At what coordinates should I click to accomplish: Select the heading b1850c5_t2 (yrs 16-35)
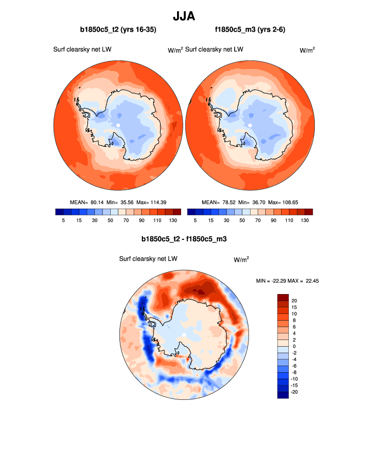pos(118,30)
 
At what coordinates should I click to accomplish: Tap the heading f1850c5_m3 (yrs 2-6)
pos(250,30)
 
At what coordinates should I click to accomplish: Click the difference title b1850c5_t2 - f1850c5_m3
pos(184,238)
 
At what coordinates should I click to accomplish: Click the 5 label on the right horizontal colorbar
pos(195,220)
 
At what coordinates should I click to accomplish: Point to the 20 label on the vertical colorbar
pos(294,300)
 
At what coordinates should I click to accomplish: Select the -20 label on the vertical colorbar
pos(295,392)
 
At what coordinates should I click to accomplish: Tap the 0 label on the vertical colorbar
pos(292,346)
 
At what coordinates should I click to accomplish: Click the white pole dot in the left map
pos(118,125)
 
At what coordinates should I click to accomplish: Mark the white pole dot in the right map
pos(250,125)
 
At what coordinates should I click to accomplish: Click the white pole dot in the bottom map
pos(184,335)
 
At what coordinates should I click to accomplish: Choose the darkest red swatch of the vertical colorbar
pos(283,297)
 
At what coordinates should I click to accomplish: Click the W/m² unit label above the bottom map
pos(241,260)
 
